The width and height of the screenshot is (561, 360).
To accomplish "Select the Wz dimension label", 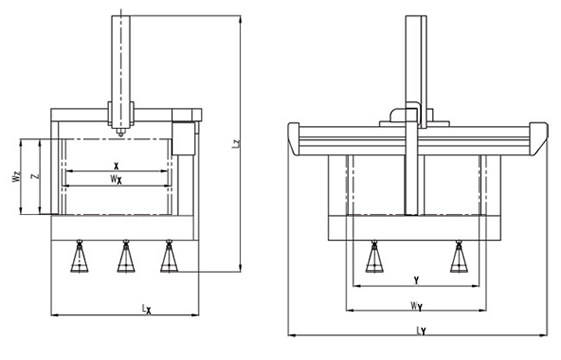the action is click(x=16, y=177).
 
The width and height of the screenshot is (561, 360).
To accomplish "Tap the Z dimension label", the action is click(x=35, y=176).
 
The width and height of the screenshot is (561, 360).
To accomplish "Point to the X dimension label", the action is click(x=116, y=166).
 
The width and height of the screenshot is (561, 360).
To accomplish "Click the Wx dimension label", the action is click(x=116, y=179).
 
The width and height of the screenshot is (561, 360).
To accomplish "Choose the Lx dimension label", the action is click(x=146, y=309).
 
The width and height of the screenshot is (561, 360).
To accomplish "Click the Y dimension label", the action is click(x=416, y=280).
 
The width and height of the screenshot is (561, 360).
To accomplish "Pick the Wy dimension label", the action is click(x=416, y=306).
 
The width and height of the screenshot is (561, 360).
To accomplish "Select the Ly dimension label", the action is click(x=421, y=331).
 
